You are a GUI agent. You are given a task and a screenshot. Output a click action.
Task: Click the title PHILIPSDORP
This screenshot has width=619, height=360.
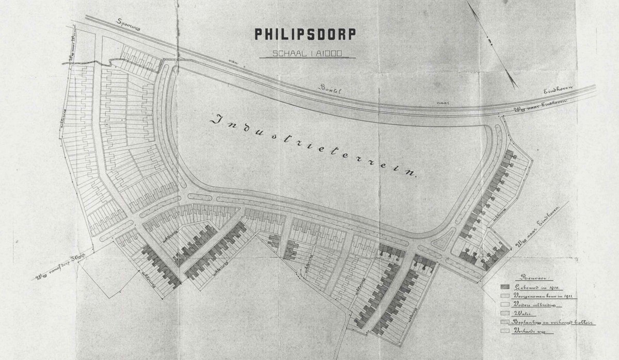click(304, 35)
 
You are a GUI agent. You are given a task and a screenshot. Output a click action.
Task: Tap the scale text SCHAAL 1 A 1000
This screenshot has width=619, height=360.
click(304, 53)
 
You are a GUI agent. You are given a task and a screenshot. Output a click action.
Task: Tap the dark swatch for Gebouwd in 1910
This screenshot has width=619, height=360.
click(506, 287)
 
